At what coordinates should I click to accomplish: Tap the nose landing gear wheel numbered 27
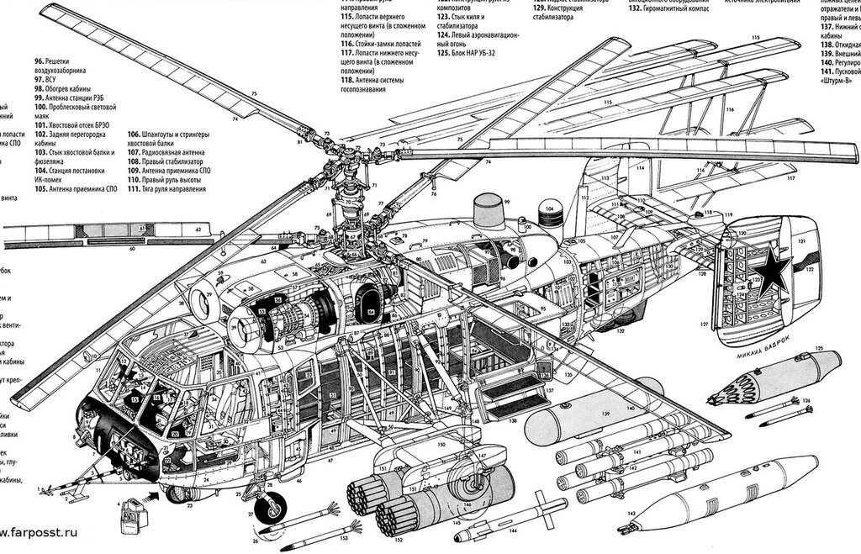click(x=272, y=507)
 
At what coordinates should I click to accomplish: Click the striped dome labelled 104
click(x=549, y=214)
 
